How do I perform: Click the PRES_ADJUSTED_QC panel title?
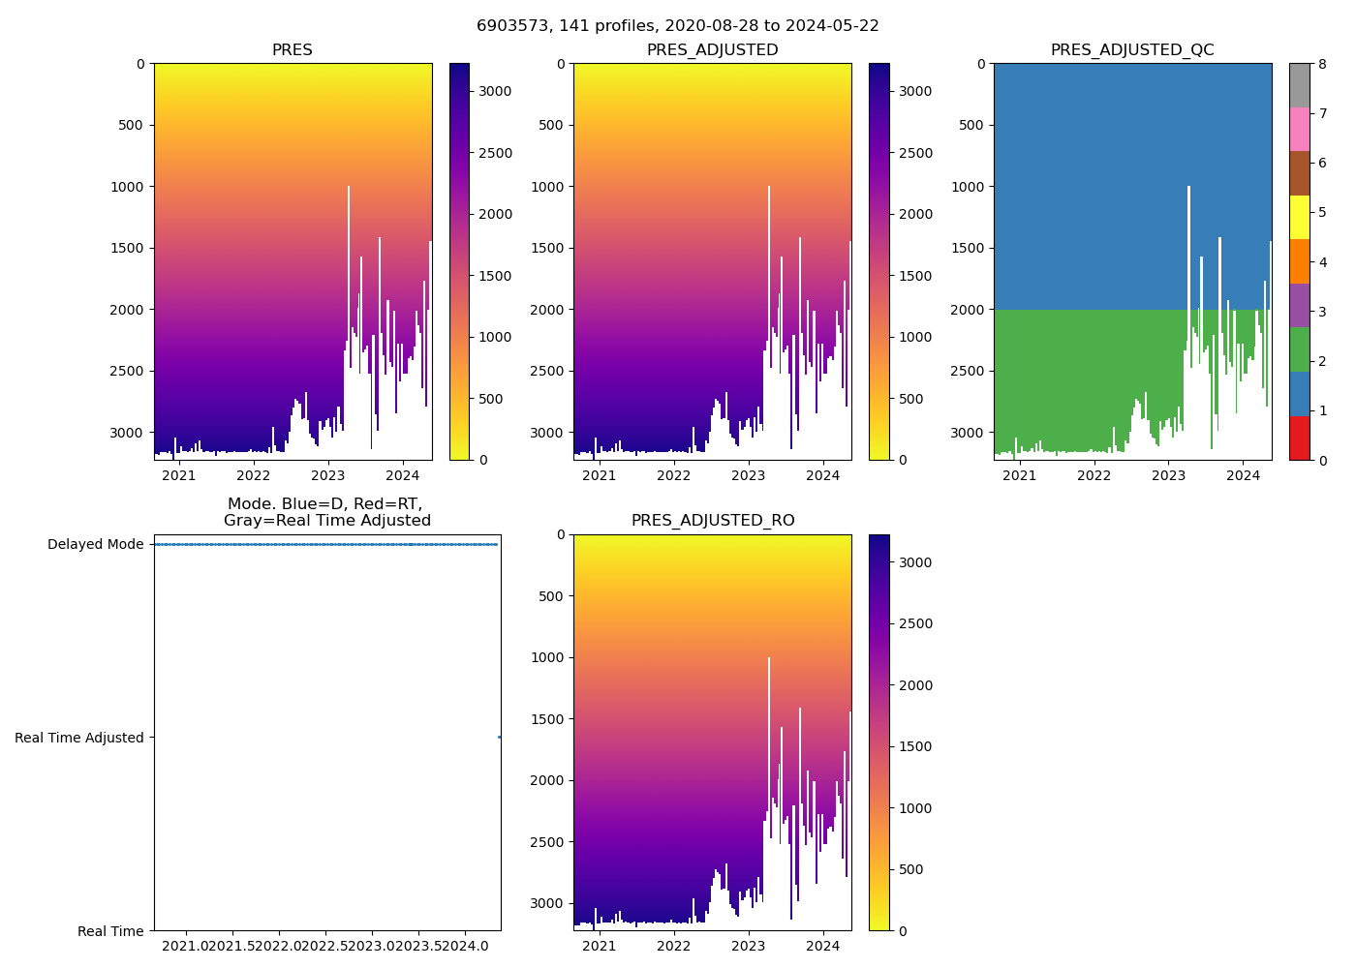[x=1132, y=50]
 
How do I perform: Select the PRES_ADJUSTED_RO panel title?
[x=713, y=521]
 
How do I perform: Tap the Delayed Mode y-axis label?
[x=95, y=544]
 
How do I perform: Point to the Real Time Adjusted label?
[x=79, y=738]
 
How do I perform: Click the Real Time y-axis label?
[x=110, y=931]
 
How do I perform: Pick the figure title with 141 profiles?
[x=678, y=26]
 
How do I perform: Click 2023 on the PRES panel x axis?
[x=328, y=475]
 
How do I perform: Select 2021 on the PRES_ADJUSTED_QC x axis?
[x=1019, y=475]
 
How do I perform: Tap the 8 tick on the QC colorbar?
[x=1321, y=64]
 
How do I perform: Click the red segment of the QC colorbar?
[x=1299, y=438]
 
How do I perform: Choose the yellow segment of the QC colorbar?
[x=1299, y=217]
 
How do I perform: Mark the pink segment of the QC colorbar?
[x=1299, y=129]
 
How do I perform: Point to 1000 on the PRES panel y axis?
[x=127, y=187]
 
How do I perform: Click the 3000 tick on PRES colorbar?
[x=495, y=91]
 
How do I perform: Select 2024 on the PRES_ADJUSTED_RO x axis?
[x=823, y=946]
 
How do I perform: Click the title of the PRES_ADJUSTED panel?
[x=712, y=50]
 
